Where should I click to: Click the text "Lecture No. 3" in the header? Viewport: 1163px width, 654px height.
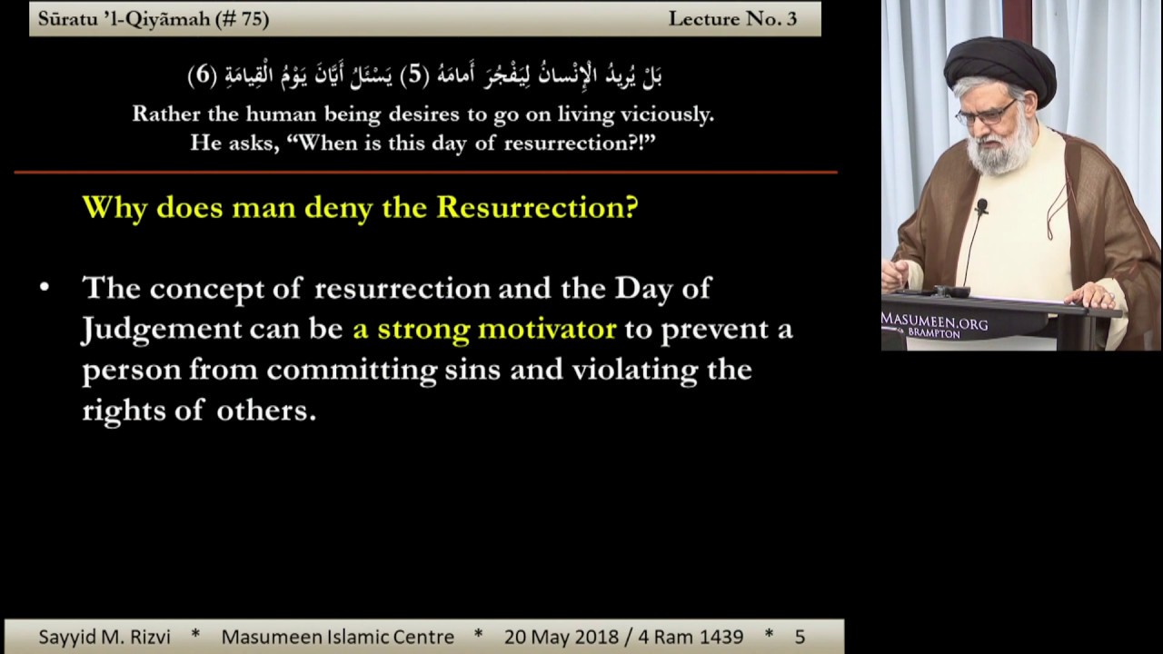point(732,19)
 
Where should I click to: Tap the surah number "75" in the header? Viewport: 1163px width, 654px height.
point(250,19)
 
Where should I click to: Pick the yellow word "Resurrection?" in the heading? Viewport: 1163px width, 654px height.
point(537,208)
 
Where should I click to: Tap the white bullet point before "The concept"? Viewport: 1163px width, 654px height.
point(45,287)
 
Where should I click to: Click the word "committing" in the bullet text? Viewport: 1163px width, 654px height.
point(352,371)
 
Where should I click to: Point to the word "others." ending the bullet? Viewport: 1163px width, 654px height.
point(266,411)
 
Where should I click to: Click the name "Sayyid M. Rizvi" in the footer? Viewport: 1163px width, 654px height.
point(104,637)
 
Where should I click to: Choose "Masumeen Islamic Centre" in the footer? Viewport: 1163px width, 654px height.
point(338,637)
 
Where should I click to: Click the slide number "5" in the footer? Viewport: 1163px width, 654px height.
point(800,638)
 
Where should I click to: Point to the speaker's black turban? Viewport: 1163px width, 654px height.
point(999,67)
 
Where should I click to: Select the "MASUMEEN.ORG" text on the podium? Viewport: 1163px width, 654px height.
point(935,321)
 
